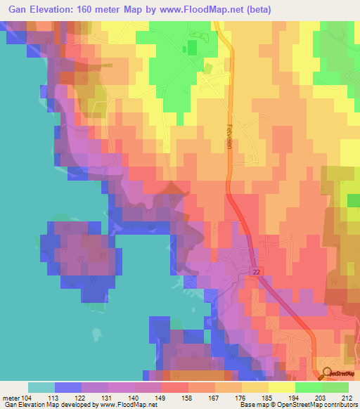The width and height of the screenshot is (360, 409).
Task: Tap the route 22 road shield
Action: tap(255, 271)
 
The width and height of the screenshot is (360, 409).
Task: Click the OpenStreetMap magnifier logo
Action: tap(326, 373)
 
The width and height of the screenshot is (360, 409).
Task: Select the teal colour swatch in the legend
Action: tap(41, 387)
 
